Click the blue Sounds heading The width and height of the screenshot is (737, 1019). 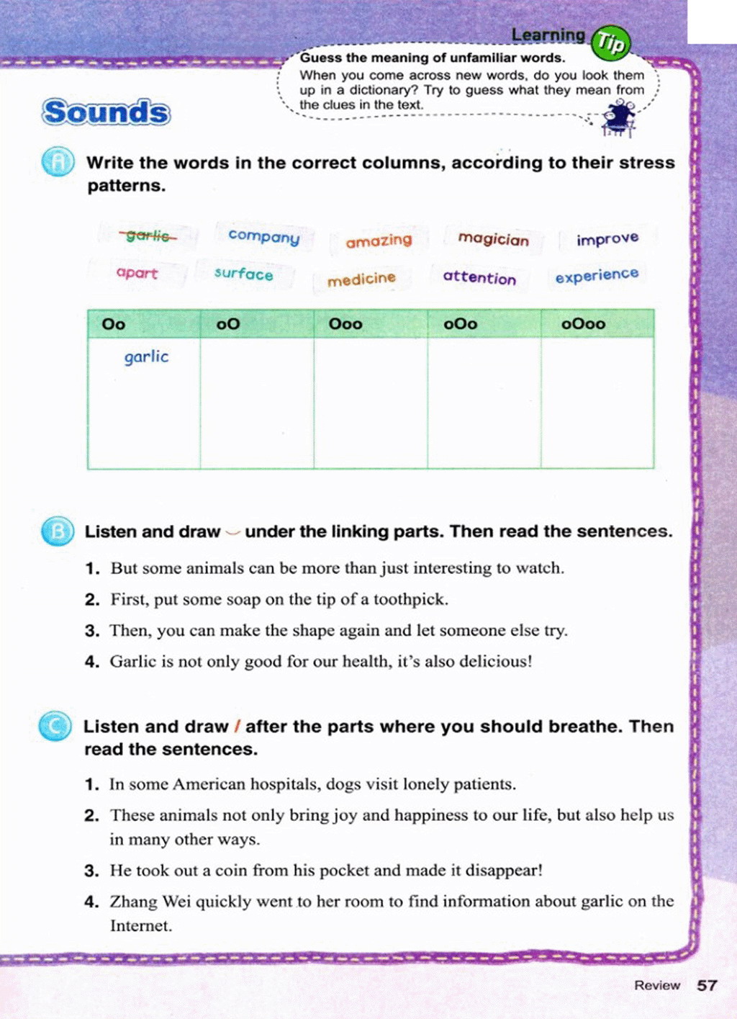[107, 112]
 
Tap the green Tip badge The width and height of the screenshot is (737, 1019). [610, 43]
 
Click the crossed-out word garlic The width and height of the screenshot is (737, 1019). [148, 235]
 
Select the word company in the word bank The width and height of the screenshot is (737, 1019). [263, 236]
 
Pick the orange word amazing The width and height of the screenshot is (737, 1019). [379, 241]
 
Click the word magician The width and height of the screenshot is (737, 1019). [493, 238]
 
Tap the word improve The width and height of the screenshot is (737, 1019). [607, 238]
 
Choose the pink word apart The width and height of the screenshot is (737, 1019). [137, 273]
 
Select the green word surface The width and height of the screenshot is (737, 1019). [243, 274]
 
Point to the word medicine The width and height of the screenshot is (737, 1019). [361, 279]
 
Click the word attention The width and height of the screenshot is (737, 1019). [479, 277]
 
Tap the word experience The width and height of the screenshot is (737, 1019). [597, 275]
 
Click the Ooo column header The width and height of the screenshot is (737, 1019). [345, 324]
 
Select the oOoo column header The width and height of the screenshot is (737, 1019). [583, 324]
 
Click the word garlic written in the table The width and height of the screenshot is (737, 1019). [146, 356]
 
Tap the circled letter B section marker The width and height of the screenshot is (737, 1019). [57, 531]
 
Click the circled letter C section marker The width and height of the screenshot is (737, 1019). [55, 726]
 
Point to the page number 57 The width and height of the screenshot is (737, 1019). [707, 985]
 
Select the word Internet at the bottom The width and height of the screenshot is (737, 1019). [140, 925]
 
